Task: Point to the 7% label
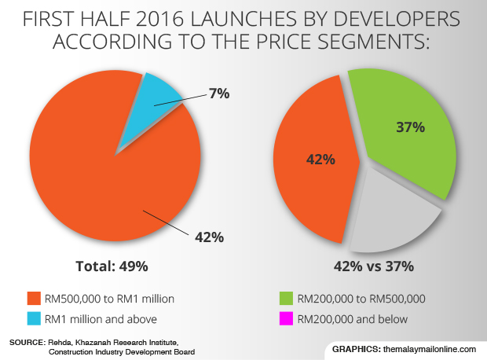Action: click(x=218, y=94)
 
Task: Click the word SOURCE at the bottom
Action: click(x=25, y=343)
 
